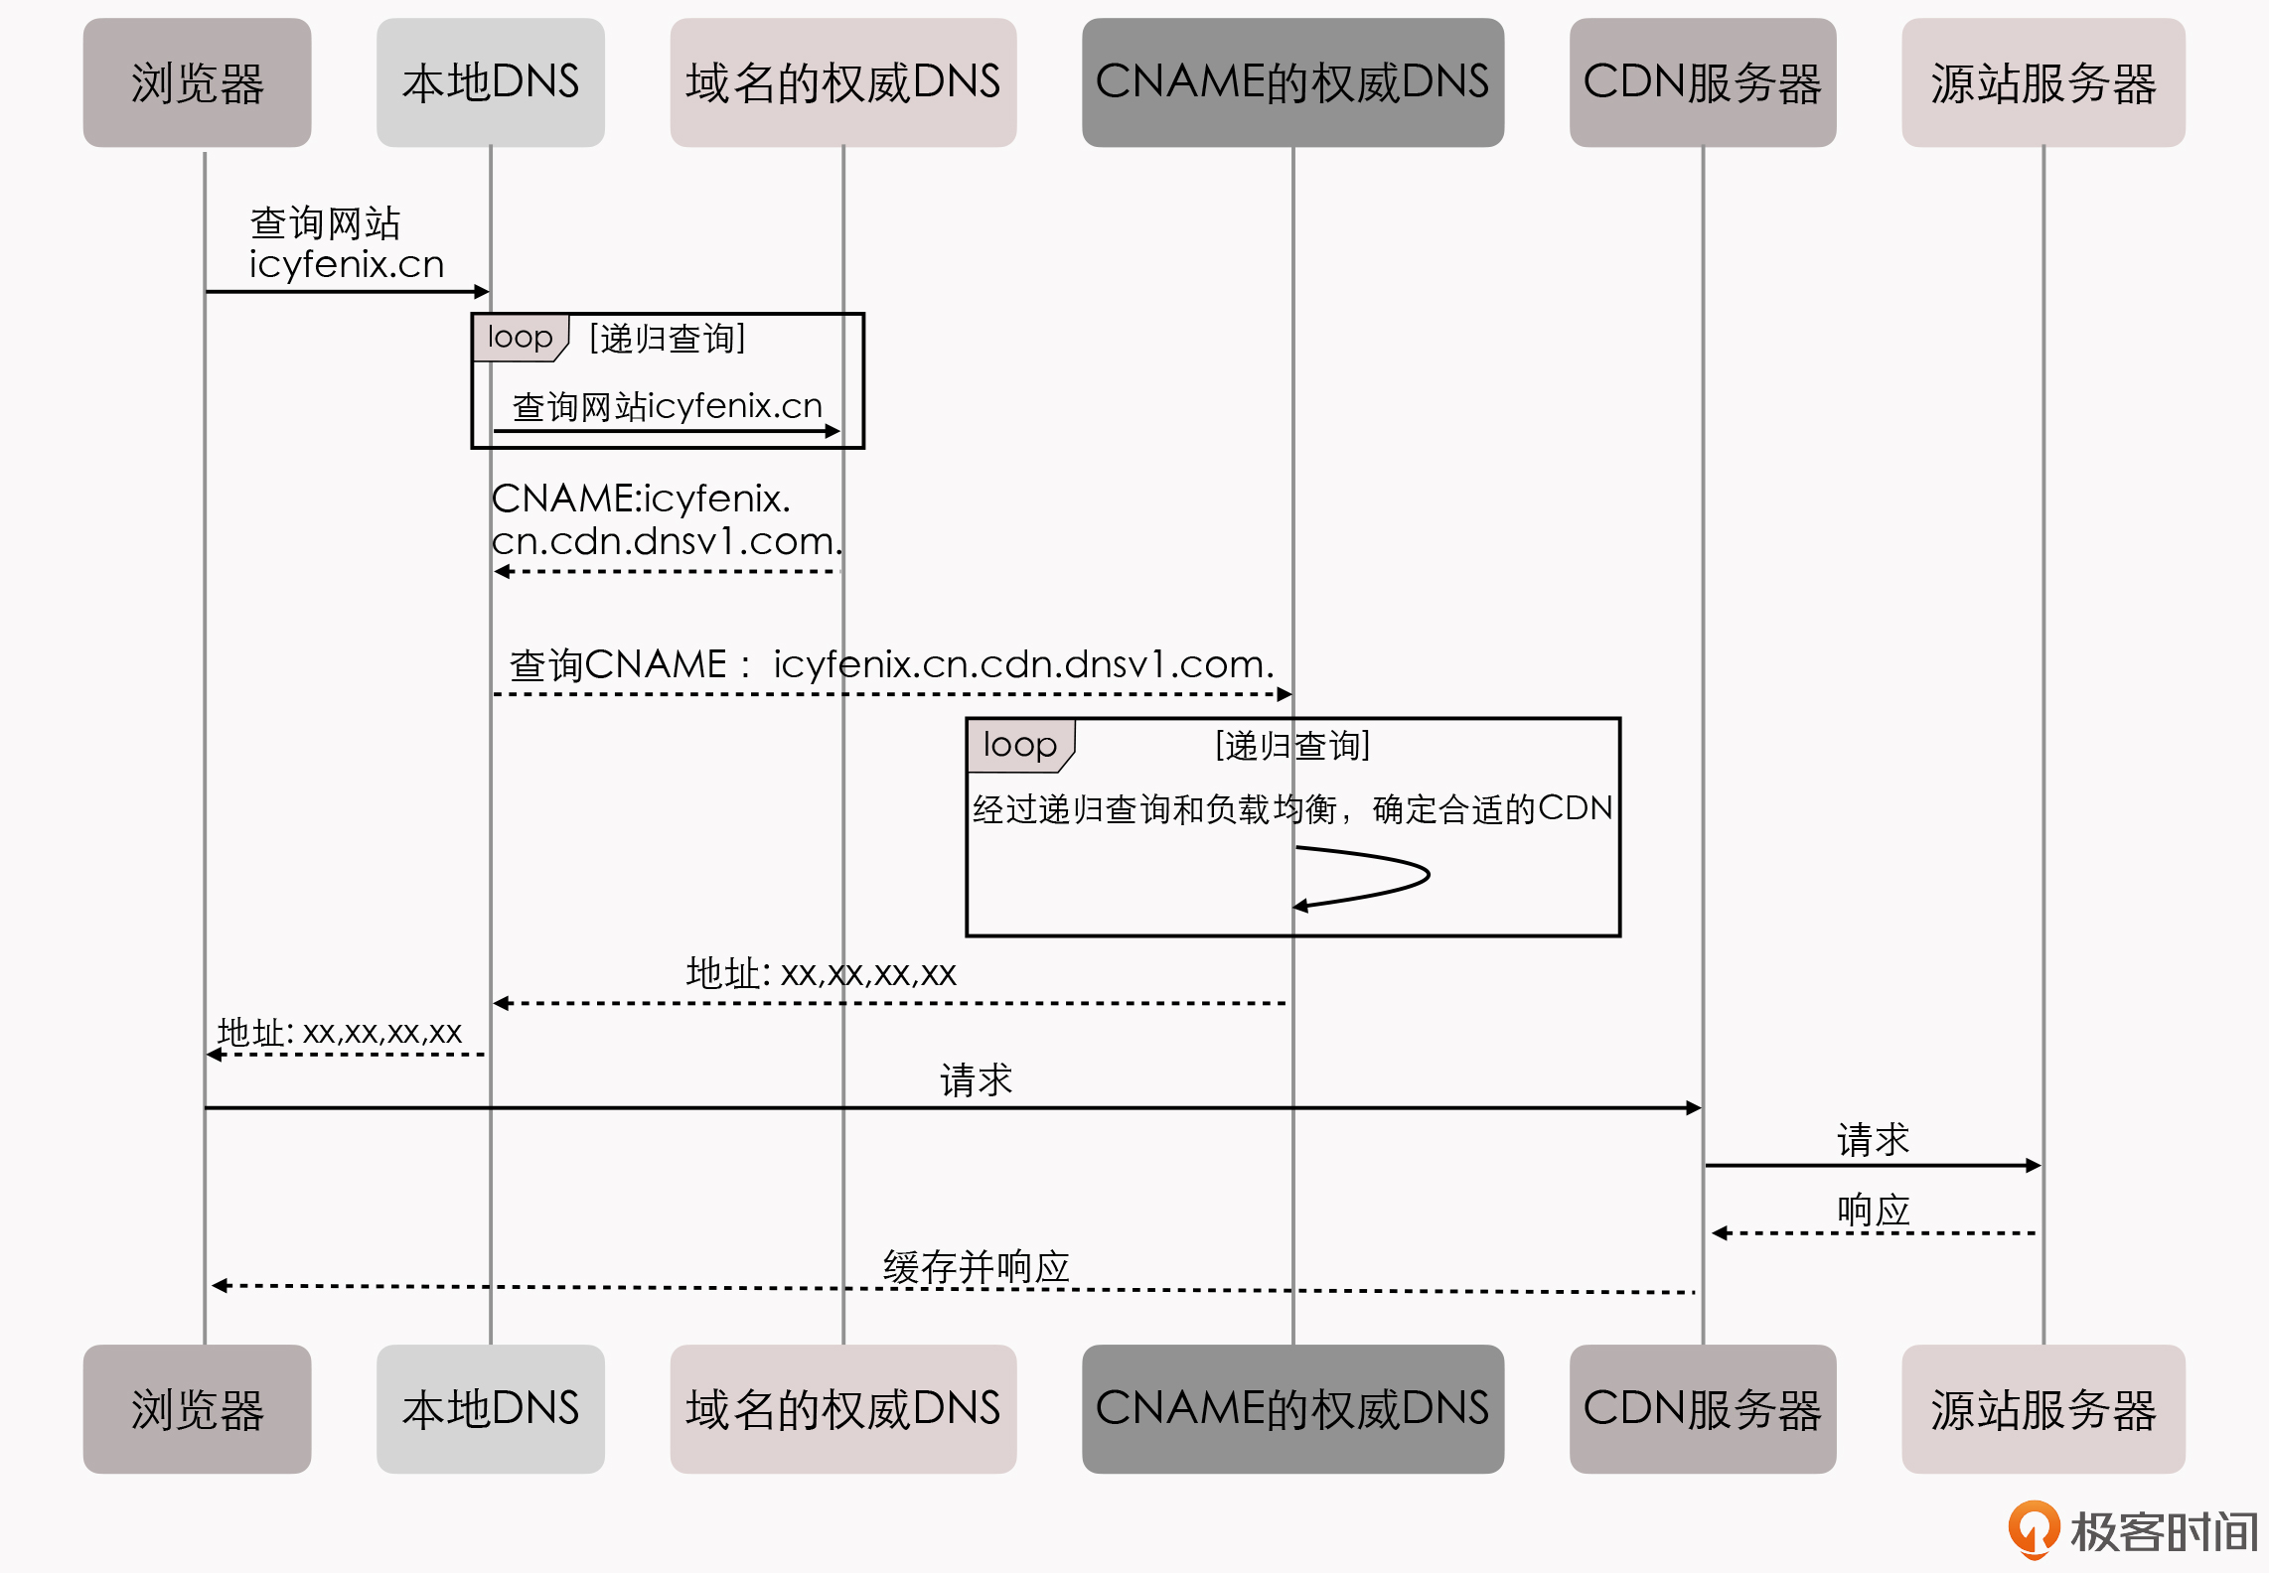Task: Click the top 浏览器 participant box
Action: [197, 82]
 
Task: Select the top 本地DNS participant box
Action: [490, 82]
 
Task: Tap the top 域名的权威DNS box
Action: [842, 82]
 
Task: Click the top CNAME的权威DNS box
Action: [1291, 82]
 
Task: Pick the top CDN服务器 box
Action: [1702, 82]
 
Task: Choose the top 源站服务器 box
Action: [2042, 82]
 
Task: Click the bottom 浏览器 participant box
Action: [197, 1408]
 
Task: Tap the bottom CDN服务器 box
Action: [1702, 1408]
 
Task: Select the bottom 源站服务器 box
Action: [2042, 1408]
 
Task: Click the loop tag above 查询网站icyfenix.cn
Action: [520, 338]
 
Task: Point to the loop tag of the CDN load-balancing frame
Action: [1019, 745]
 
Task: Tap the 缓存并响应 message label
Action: [976, 1267]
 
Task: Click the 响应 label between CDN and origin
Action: [1873, 1210]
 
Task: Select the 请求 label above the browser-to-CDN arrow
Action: [976, 1079]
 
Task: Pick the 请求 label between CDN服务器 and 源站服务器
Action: [1873, 1139]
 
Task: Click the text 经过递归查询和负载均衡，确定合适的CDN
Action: [1291, 809]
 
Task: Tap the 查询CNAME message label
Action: [891, 664]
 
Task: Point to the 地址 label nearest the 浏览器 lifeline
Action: [340, 1033]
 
